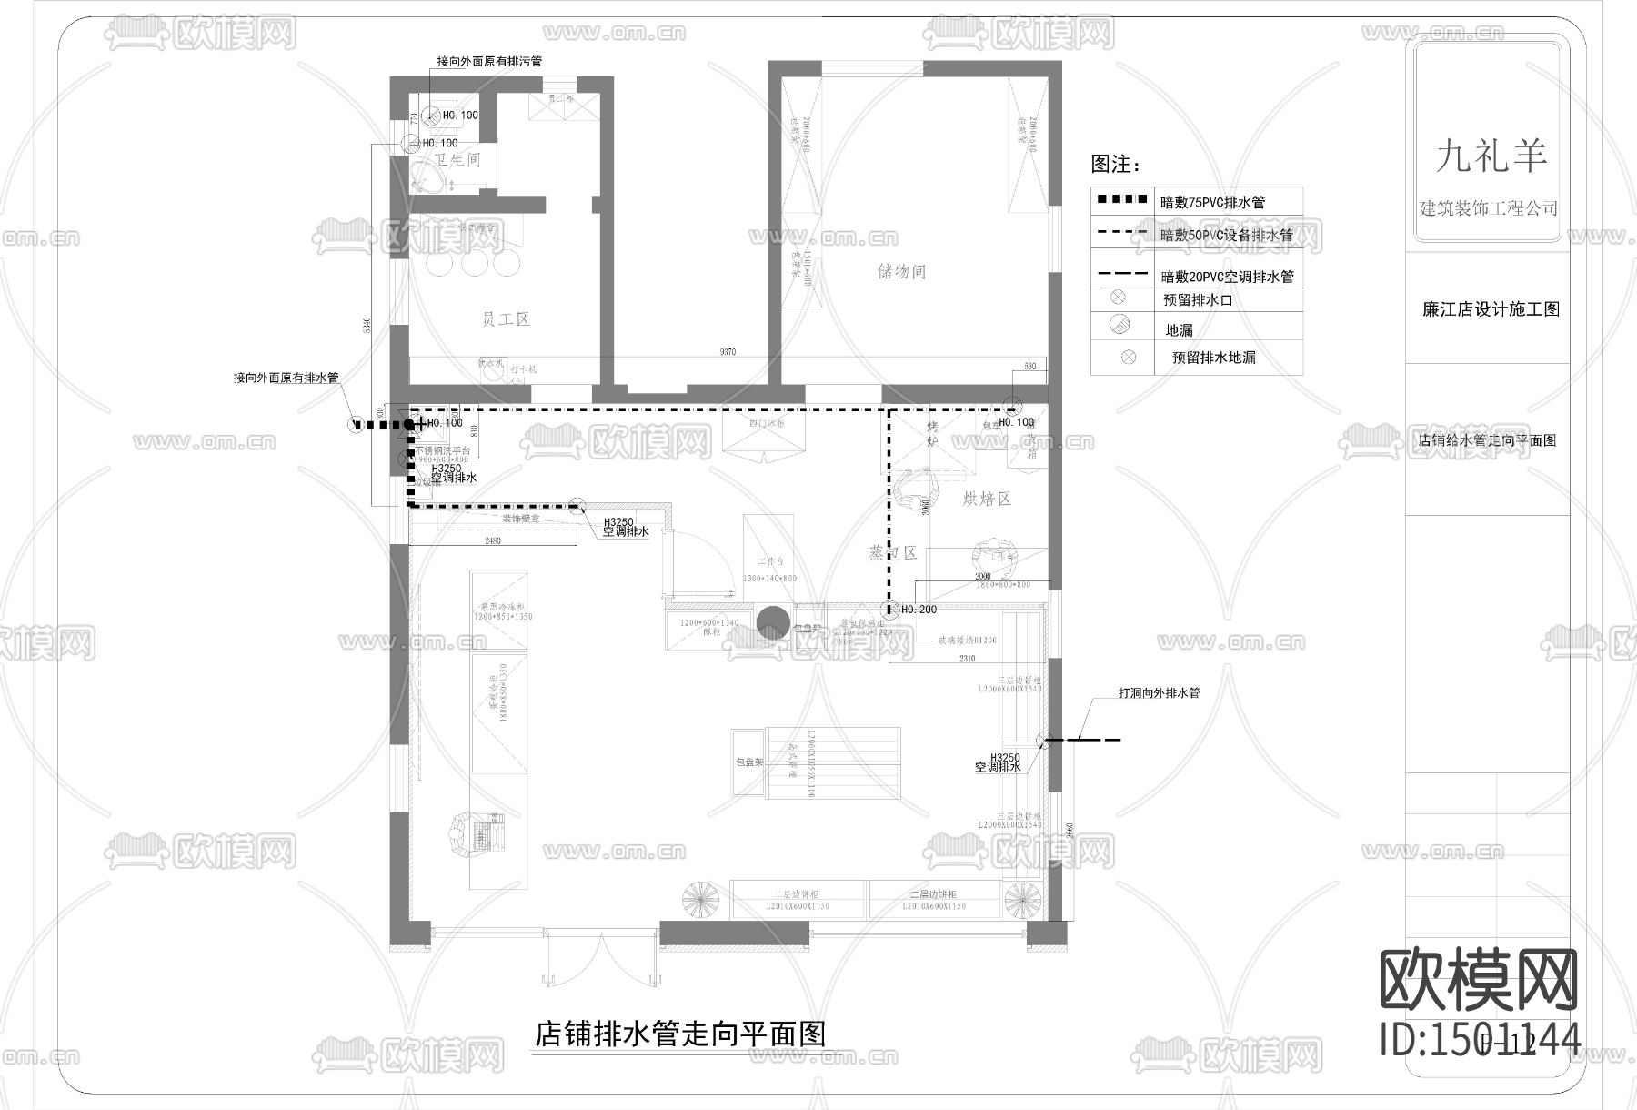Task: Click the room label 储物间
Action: [x=901, y=271]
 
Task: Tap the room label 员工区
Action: [x=505, y=319]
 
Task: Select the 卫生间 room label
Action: [x=457, y=160]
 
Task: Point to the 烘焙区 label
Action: [x=987, y=499]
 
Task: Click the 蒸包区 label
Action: [x=892, y=552]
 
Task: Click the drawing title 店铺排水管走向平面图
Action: [x=679, y=1034]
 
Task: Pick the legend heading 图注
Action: [x=1115, y=164]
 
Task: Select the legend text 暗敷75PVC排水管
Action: [x=1213, y=202]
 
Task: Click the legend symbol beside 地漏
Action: [x=1120, y=324]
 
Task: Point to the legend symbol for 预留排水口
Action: [x=1118, y=298]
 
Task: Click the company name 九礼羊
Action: [x=1490, y=157]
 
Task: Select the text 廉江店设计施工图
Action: [x=1491, y=309]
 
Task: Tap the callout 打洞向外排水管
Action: [x=1159, y=693]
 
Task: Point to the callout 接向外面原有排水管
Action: [x=286, y=378]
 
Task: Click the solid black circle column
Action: [x=773, y=623]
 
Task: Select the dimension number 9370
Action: [x=726, y=352]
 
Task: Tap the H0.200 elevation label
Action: [x=919, y=610]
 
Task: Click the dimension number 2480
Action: [x=492, y=540]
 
